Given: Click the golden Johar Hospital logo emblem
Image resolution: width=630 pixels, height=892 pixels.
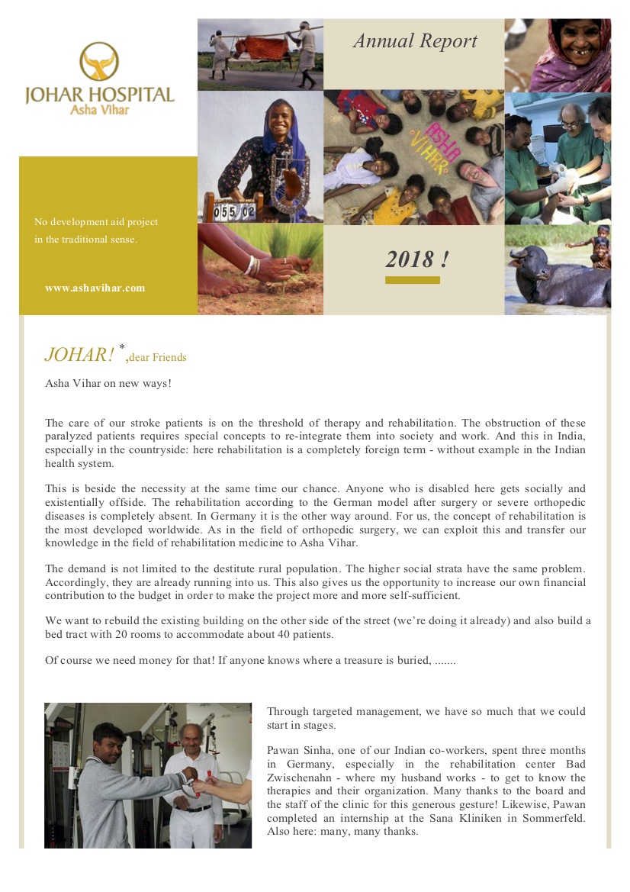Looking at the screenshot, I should click(x=99, y=61).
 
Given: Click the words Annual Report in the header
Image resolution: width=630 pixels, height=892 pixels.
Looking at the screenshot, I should click(x=415, y=41).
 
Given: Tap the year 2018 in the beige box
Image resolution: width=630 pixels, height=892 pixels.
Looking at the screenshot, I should click(x=416, y=259).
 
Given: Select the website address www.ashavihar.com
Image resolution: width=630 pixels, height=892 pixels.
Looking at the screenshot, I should click(x=95, y=288).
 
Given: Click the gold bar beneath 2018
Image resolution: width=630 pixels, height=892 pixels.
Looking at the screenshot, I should click(x=413, y=280).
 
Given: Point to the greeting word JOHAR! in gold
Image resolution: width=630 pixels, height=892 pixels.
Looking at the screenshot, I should click(x=79, y=355).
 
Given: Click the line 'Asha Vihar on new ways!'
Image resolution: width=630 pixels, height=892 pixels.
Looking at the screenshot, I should click(x=108, y=383).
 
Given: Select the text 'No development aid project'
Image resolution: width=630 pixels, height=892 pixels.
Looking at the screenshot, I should click(x=96, y=222).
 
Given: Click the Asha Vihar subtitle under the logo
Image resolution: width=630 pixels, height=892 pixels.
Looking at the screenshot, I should click(x=100, y=111).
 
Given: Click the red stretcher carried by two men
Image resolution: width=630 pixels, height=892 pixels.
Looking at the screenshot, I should click(x=260, y=47).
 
